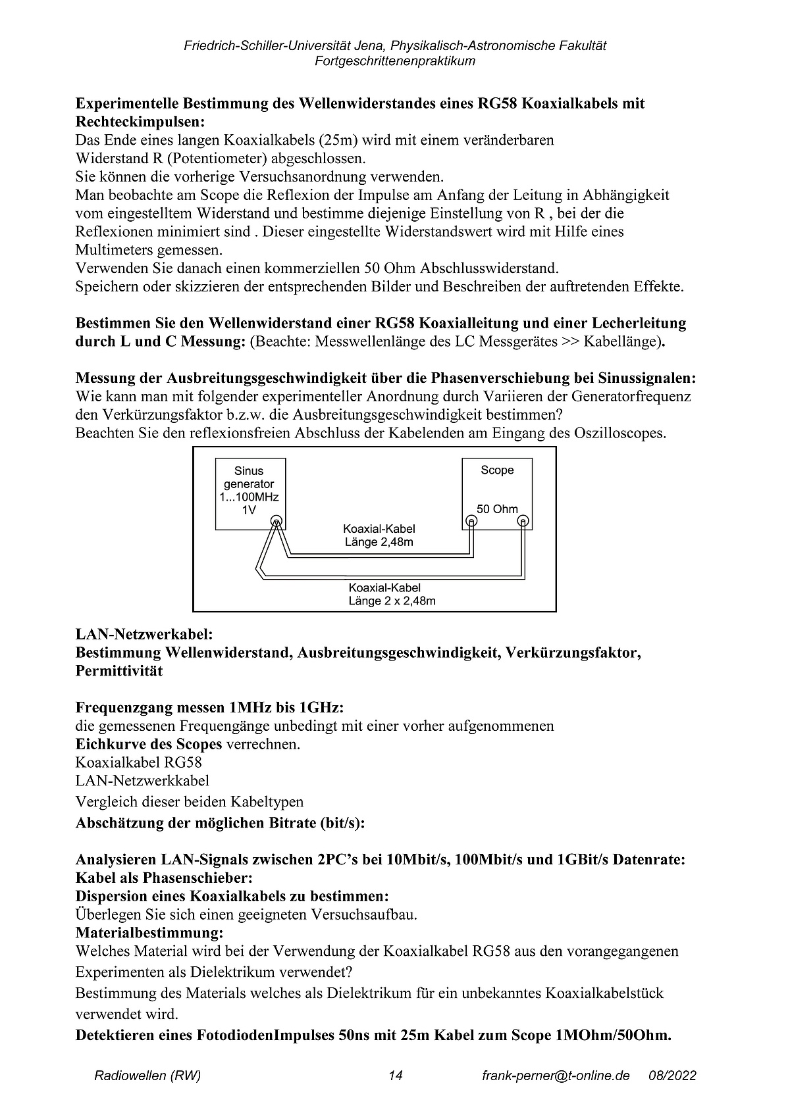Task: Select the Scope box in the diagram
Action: [x=497, y=493]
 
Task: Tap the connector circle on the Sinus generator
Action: [x=277, y=522]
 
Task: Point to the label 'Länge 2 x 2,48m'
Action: [x=392, y=601]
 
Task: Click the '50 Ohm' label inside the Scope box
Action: [x=497, y=509]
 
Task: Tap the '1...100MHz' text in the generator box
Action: [x=248, y=497]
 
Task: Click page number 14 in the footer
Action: [x=395, y=1076]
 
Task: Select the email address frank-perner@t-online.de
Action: [x=556, y=1076]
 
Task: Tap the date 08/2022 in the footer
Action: [x=672, y=1076]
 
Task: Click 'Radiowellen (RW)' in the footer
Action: [x=147, y=1076]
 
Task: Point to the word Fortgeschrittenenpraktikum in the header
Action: [x=395, y=61]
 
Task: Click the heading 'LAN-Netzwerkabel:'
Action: [x=144, y=635]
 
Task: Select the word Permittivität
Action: [x=119, y=672]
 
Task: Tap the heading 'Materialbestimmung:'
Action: [x=149, y=933]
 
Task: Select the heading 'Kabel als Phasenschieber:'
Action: [x=165, y=878]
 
